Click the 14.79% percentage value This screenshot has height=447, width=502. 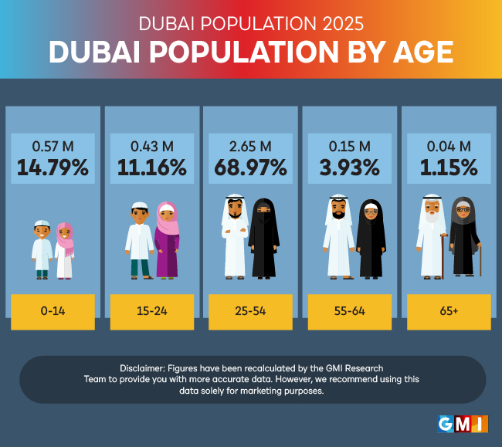tap(53, 166)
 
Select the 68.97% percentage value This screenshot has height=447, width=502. tap(251, 166)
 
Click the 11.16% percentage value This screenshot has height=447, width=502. tap(152, 166)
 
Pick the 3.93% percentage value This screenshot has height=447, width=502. tap(350, 166)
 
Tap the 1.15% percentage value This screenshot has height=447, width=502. tap(449, 166)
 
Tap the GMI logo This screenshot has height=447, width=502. tap(461, 423)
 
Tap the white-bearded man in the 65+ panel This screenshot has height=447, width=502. tap(430, 235)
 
